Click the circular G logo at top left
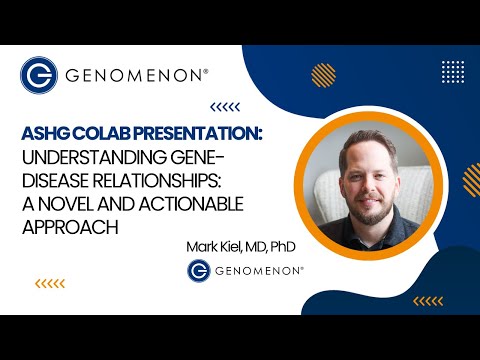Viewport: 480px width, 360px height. (x=38, y=75)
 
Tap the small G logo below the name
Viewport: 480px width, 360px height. (x=199, y=270)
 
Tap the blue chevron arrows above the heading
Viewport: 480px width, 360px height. (x=224, y=107)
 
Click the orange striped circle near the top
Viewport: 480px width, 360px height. (x=322, y=75)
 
